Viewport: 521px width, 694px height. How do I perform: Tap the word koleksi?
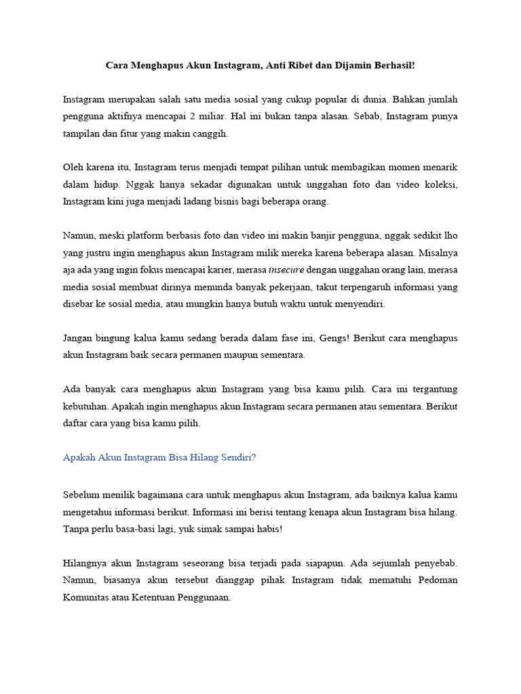[440, 184]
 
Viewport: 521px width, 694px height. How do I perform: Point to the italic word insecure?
[286, 270]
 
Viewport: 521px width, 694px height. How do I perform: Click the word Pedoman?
[438, 581]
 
